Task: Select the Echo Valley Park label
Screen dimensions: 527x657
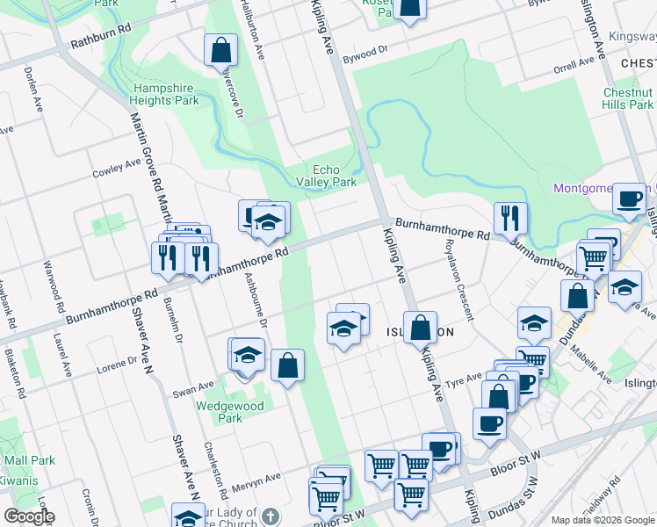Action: (335, 176)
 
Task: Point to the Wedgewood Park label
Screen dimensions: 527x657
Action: (219, 412)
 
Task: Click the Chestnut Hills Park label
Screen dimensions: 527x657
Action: (627, 98)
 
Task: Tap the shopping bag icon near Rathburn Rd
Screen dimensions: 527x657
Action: (220, 50)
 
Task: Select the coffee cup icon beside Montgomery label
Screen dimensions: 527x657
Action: (628, 200)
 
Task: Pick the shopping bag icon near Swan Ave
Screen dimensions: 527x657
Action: (287, 365)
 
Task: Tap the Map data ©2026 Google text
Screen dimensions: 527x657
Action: (603, 520)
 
